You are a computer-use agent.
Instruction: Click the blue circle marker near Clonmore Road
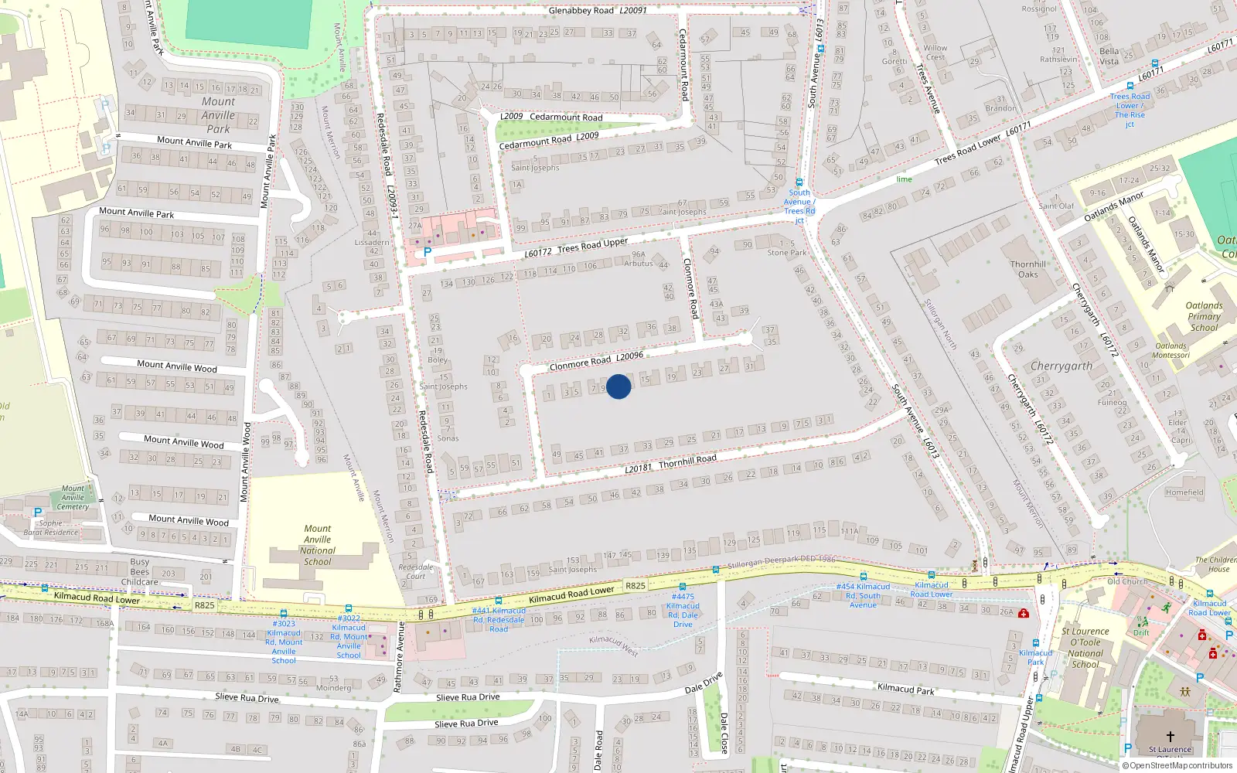click(x=618, y=386)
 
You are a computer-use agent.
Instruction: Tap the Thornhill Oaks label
click(x=1028, y=269)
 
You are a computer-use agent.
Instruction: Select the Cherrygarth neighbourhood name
click(x=1062, y=366)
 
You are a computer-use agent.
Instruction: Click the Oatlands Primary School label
click(x=1204, y=316)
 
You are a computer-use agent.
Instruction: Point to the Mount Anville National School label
click(x=317, y=545)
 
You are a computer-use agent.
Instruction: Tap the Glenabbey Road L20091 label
click(x=597, y=11)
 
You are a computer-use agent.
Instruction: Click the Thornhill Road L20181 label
click(x=670, y=464)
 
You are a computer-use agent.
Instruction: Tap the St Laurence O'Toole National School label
click(x=1085, y=648)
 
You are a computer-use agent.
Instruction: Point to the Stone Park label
click(x=786, y=253)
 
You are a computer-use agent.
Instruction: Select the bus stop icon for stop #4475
click(x=683, y=587)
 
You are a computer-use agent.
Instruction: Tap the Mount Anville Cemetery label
click(x=73, y=498)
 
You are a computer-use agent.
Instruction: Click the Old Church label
click(x=1126, y=581)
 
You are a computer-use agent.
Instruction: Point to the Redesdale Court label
click(x=416, y=571)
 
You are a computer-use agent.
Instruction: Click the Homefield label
click(x=1184, y=492)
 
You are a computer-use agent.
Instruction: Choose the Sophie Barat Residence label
click(x=51, y=528)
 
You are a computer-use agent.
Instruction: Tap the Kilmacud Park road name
click(x=905, y=688)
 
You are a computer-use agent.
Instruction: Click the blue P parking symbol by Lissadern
click(x=427, y=252)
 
